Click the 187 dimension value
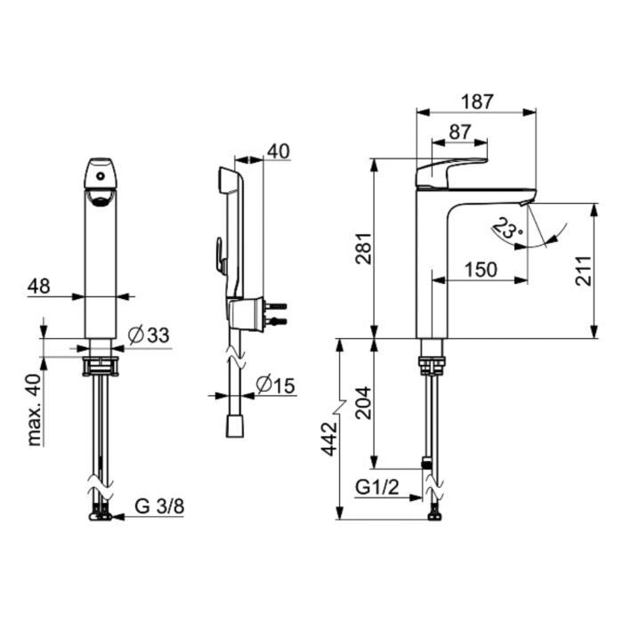477,101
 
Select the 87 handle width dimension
460,132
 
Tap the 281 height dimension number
364,248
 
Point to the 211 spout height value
583,271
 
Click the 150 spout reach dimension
481,270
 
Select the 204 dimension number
364,403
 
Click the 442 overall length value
329,439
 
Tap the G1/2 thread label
376,487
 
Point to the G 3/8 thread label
159,506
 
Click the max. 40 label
36,409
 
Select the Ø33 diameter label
149,336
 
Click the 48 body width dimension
39,286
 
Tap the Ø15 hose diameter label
276,385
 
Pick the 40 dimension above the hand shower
279,151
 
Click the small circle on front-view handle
101,175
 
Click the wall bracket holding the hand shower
247,314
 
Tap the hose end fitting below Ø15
235,426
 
